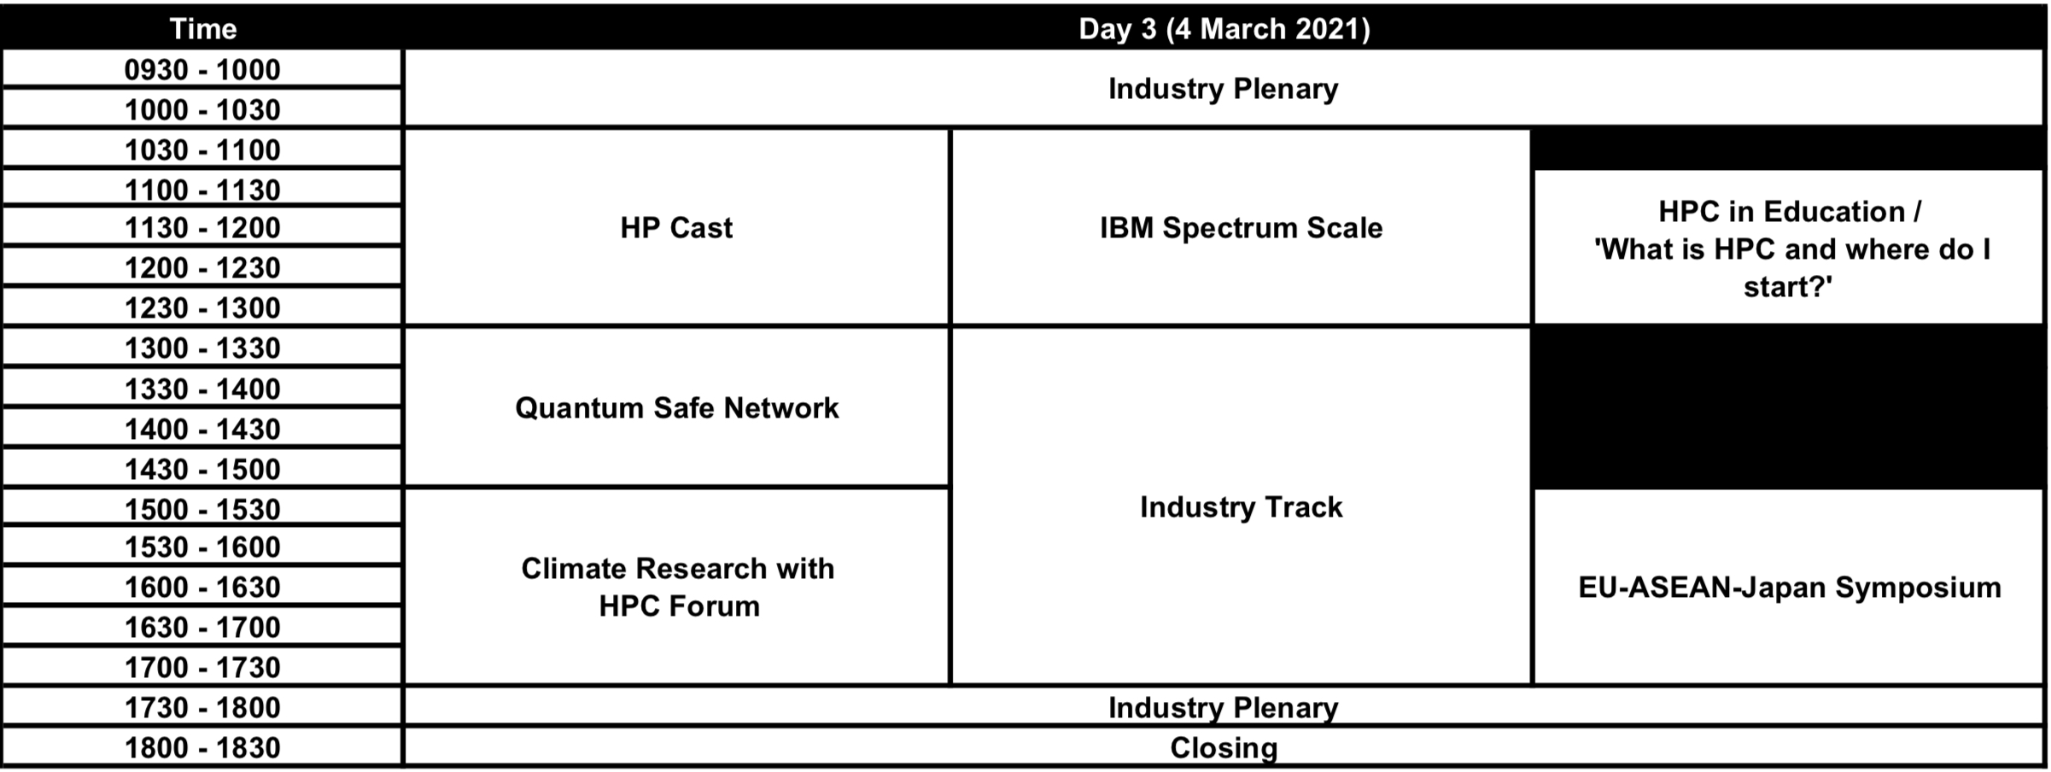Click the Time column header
[202, 29]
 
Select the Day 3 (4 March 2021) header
[1224, 29]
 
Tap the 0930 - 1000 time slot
[202, 69]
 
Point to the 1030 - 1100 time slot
[202, 149]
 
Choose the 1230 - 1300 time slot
[202, 307]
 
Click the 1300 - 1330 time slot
[202, 348]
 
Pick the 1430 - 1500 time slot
[202, 469]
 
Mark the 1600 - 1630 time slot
[202, 587]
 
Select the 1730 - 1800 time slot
[202, 707]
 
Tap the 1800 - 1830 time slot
[202, 747]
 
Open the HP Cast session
[676, 228]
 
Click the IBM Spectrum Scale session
[1241, 228]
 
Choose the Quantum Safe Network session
[676, 408]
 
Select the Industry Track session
[1241, 507]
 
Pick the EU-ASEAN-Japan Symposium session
[1790, 588]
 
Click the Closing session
[1224, 747]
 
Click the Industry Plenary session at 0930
[1224, 89]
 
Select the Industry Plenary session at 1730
[1224, 707]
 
